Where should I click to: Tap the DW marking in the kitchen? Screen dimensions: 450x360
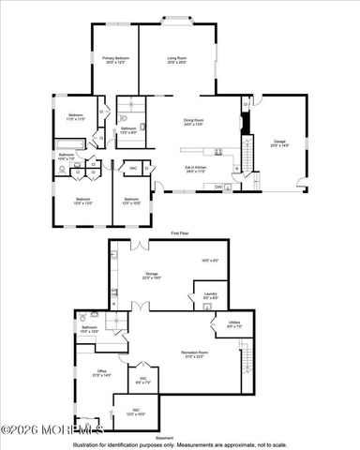[x=218, y=187]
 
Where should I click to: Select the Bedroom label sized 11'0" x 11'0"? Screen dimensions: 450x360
[x=76, y=118]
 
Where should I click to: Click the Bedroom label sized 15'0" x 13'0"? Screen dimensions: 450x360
[x=83, y=201]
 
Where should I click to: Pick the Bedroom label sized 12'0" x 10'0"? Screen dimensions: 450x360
[x=131, y=201]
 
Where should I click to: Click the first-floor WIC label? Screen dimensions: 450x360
[x=134, y=169]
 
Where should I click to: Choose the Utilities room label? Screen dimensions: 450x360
[x=234, y=325]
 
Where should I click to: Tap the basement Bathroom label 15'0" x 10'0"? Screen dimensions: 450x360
[x=89, y=329]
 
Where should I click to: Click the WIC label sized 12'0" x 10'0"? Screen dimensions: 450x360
[x=136, y=411]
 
